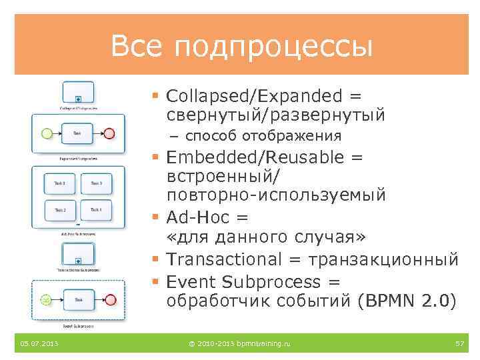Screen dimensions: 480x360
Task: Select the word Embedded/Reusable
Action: point(257,157)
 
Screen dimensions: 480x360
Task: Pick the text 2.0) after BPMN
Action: point(439,300)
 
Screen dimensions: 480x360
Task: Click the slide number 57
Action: point(459,343)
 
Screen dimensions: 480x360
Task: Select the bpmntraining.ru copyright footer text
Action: point(239,343)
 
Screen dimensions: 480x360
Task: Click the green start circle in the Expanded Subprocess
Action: point(47,133)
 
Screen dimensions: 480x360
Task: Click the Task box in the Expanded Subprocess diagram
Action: point(77,133)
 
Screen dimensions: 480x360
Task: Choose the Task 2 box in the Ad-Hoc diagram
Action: point(60,211)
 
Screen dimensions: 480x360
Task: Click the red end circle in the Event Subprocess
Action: point(110,300)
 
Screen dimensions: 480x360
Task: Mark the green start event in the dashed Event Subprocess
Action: point(46,300)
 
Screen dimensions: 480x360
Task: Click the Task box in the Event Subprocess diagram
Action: point(78,300)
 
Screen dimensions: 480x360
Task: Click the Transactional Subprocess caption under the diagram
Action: point(78,270)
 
